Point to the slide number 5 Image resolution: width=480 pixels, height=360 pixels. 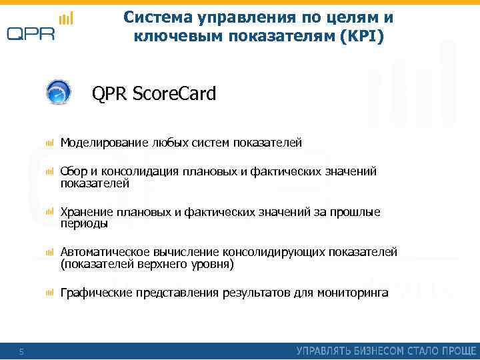21,351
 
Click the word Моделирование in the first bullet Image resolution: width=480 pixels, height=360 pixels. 104,143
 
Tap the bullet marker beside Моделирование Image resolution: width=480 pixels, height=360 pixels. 49,143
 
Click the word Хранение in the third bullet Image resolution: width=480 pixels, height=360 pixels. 86,212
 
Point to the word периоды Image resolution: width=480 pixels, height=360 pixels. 84,224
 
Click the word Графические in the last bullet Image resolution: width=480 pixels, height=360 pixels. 95,293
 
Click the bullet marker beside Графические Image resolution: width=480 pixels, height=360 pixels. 49,293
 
